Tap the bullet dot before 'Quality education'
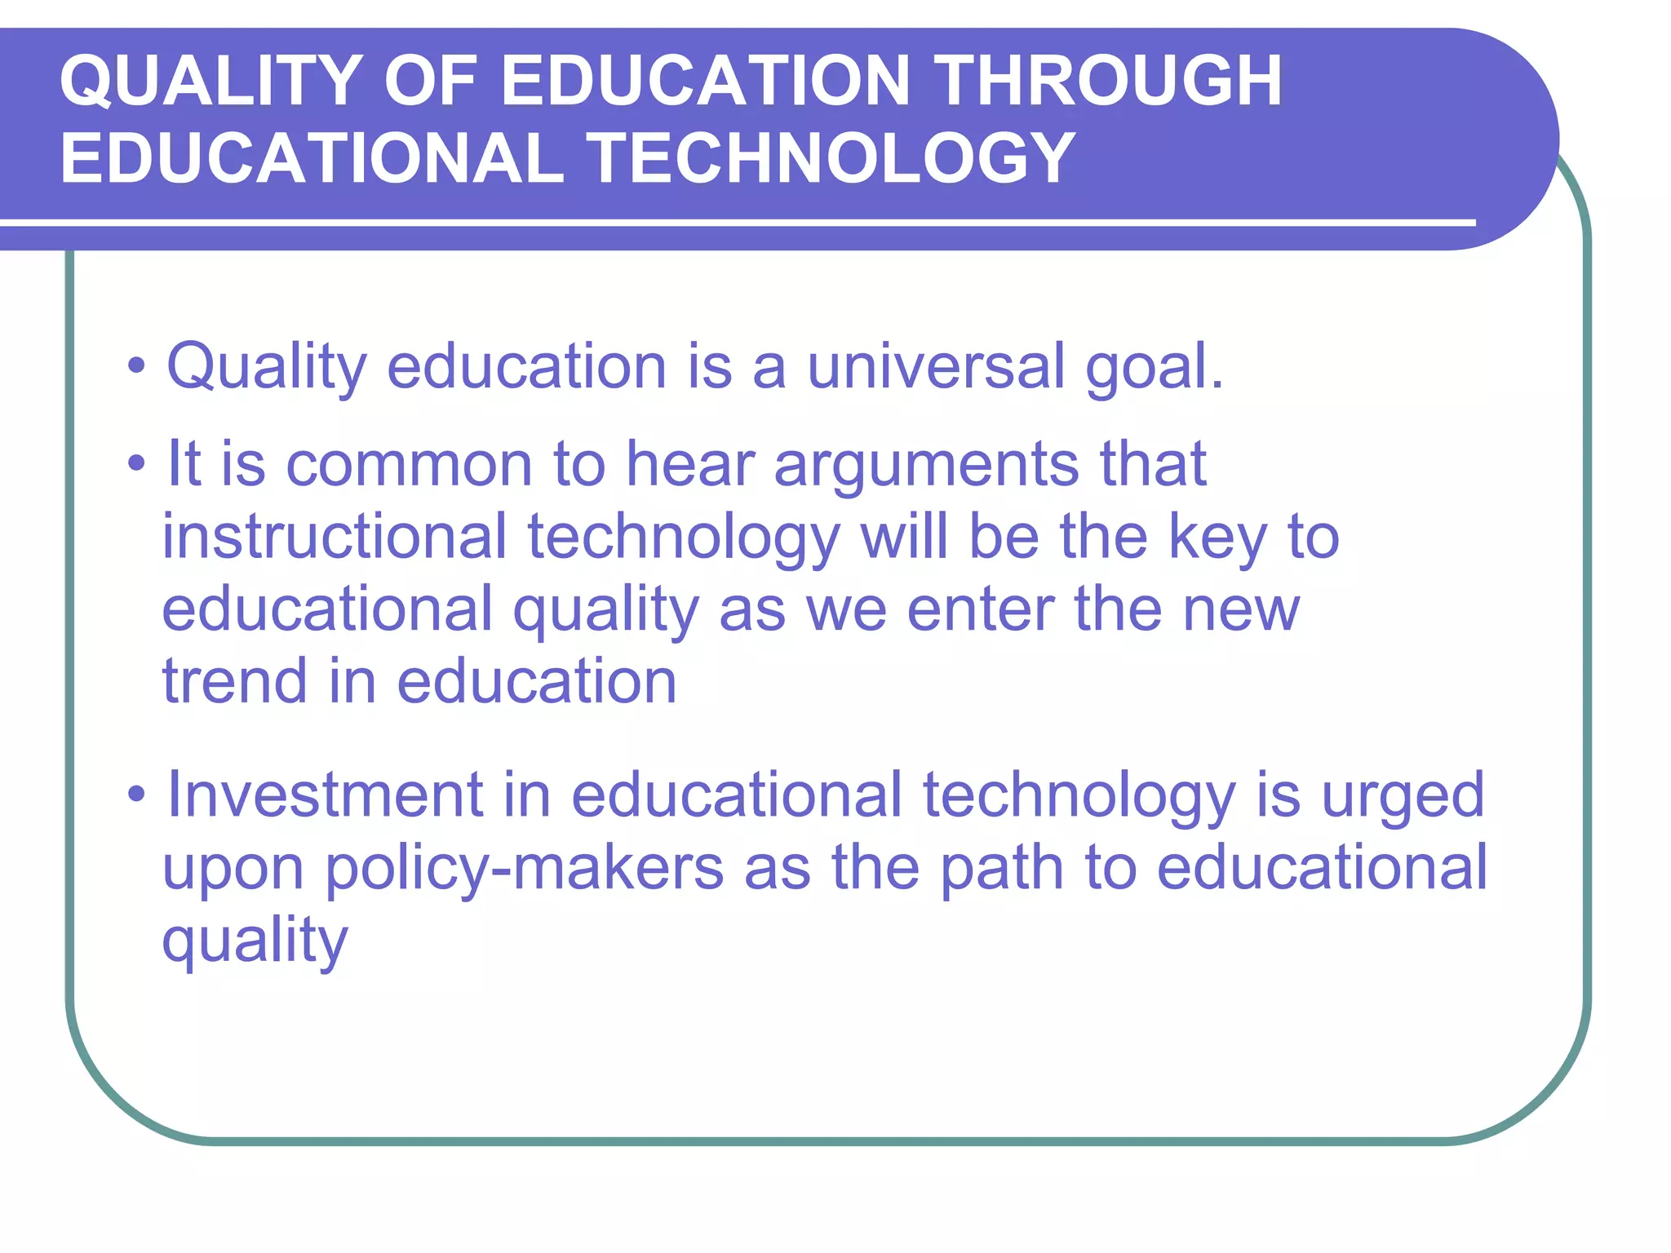point(136,366)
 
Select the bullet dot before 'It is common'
point(136,464)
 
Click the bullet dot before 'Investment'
point(136,795)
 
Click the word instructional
point(335,537)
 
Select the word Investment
point(325,795)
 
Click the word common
point(409,464)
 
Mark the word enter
point(979,610)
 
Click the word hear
point(690,464)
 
